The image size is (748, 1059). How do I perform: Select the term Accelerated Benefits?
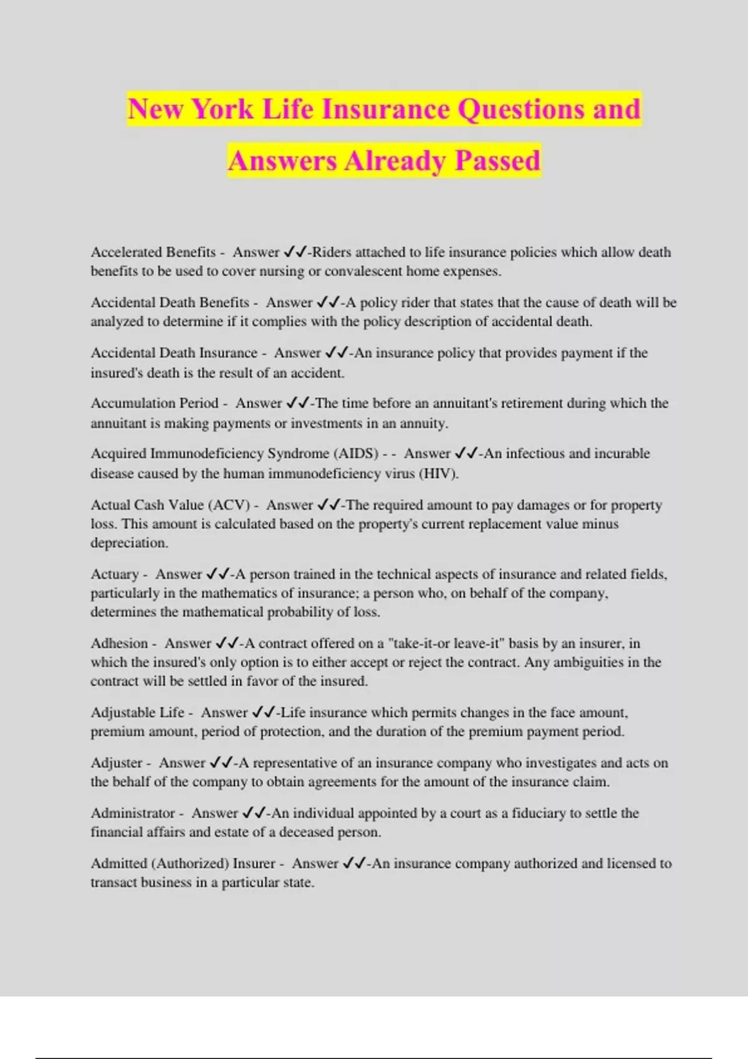click(153, 252)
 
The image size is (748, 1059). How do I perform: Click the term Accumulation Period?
click(155, 403)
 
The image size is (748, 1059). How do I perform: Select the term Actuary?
click(115, 574)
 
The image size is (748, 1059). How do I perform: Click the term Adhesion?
click(119, 643)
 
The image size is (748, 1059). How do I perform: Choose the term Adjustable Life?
click(137, 712)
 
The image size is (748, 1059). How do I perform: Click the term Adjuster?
click(117, 762)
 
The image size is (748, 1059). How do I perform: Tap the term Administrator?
click(133, 813)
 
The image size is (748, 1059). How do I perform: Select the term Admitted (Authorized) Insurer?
click(183, 863)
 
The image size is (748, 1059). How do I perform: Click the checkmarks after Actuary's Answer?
click(218, 574)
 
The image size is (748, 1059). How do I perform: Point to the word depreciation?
click(129, 543)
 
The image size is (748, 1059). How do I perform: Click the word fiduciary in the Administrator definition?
click(538, 813)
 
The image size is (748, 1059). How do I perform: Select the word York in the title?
click(223, 110)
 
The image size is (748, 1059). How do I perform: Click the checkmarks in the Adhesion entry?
click(227, 643)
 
